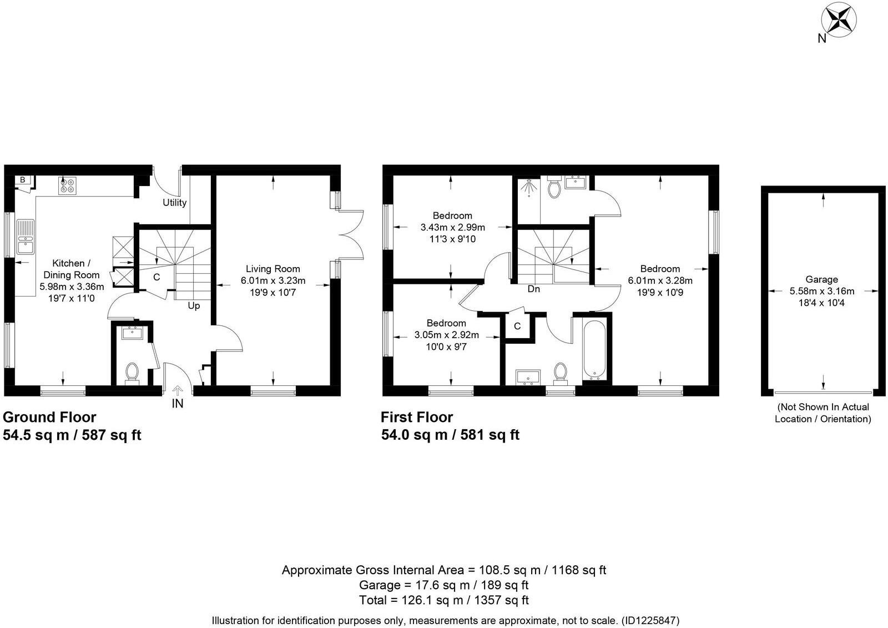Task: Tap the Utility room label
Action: click(x=174, y=203)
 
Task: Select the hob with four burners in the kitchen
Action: click(x=68, y=185)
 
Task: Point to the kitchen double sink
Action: click(x=26, y=237)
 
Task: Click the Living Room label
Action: click(x=273, y=269)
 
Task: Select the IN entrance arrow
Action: click(x=178, y=391)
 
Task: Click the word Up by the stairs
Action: click(x=194, y=306)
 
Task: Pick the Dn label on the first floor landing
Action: click(x=533, y=289)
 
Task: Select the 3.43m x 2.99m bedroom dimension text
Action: click(x=452, y=227)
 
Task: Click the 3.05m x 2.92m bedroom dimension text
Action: click(x=446, y=335)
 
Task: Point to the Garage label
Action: click(x=821, y=279)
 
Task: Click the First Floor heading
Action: click(x=416, y=417)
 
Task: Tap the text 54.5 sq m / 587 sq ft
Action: click(x=72, y=435)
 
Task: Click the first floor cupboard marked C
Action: click(x=517, y=326)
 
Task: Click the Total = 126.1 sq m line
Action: click(x=443, y=600)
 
